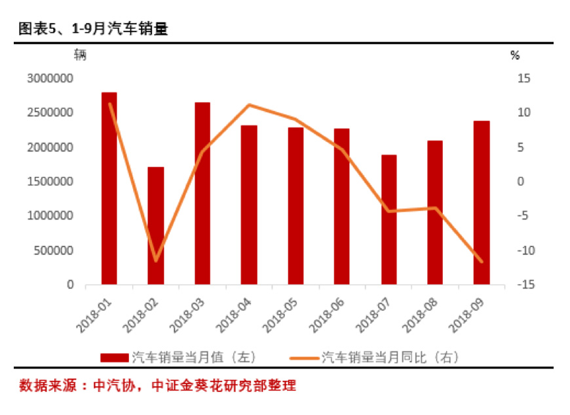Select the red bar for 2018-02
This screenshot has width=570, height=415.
point(155,226)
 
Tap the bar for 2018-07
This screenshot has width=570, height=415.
point(389,220)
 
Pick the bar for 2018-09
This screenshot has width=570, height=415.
point(482,203)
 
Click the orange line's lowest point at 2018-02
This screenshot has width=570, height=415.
point(155,261)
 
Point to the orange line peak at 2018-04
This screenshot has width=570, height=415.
point(249,105)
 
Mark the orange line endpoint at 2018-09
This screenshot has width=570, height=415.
point(482,262)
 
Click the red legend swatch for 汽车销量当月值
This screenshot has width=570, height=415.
point(115,357)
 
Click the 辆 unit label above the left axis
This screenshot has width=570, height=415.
point(80,55)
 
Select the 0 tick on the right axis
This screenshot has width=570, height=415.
point(522,182)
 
